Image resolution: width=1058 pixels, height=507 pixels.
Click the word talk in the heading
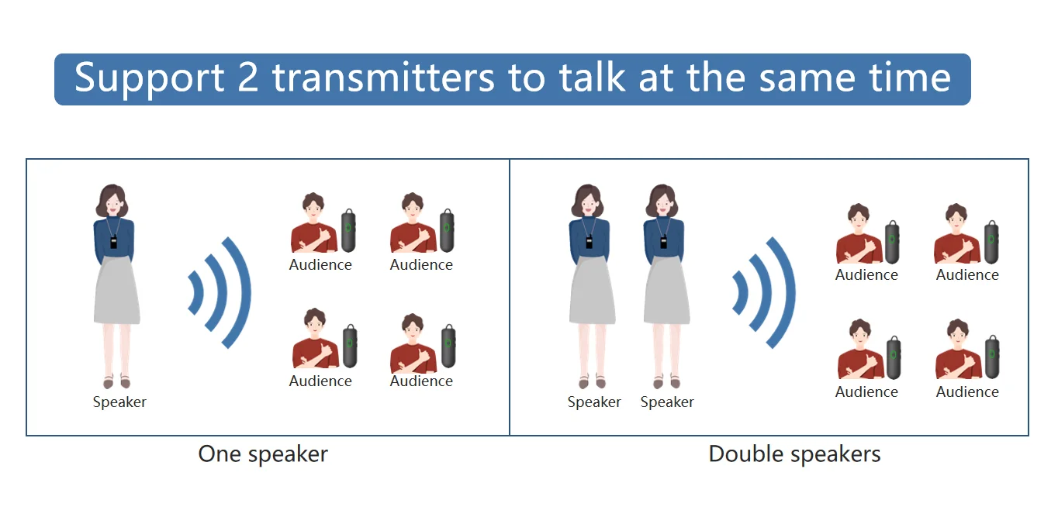point(593,78)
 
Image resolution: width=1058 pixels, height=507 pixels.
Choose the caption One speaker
point(263,454)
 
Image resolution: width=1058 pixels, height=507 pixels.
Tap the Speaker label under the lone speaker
point(119,402)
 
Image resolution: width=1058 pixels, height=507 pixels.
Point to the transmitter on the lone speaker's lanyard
point(114,242)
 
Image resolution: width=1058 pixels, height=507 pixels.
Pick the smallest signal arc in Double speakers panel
point(740,294)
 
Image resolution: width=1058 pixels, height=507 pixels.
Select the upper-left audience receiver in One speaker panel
point(349,229)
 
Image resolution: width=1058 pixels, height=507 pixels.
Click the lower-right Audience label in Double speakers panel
point(967,392)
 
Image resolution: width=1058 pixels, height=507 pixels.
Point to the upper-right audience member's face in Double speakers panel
point(956,220)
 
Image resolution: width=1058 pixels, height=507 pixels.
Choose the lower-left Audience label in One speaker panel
point(320,381)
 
